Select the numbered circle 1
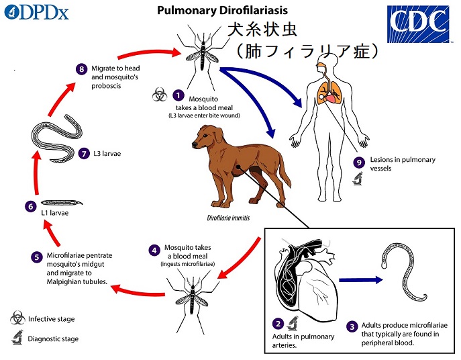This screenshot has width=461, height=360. point(178,97)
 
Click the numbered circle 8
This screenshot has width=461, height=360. point(81,69)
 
